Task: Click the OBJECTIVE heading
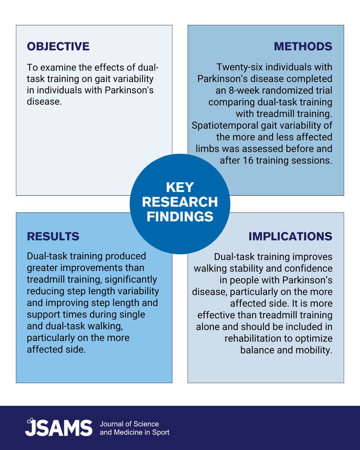(x=58, y=46)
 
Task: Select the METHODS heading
(x=303, y=46)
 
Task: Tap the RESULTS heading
(x=53, y=236)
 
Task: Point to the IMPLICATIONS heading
(x=290, y=236)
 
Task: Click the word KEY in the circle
(x=180, y=187)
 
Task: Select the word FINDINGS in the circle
(x=180, y=216)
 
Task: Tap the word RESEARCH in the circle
(x=180, y=202)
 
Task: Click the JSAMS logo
(x=58, y=428)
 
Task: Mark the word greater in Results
(x=42, y=268)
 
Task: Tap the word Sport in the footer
(x=160, y=432)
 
